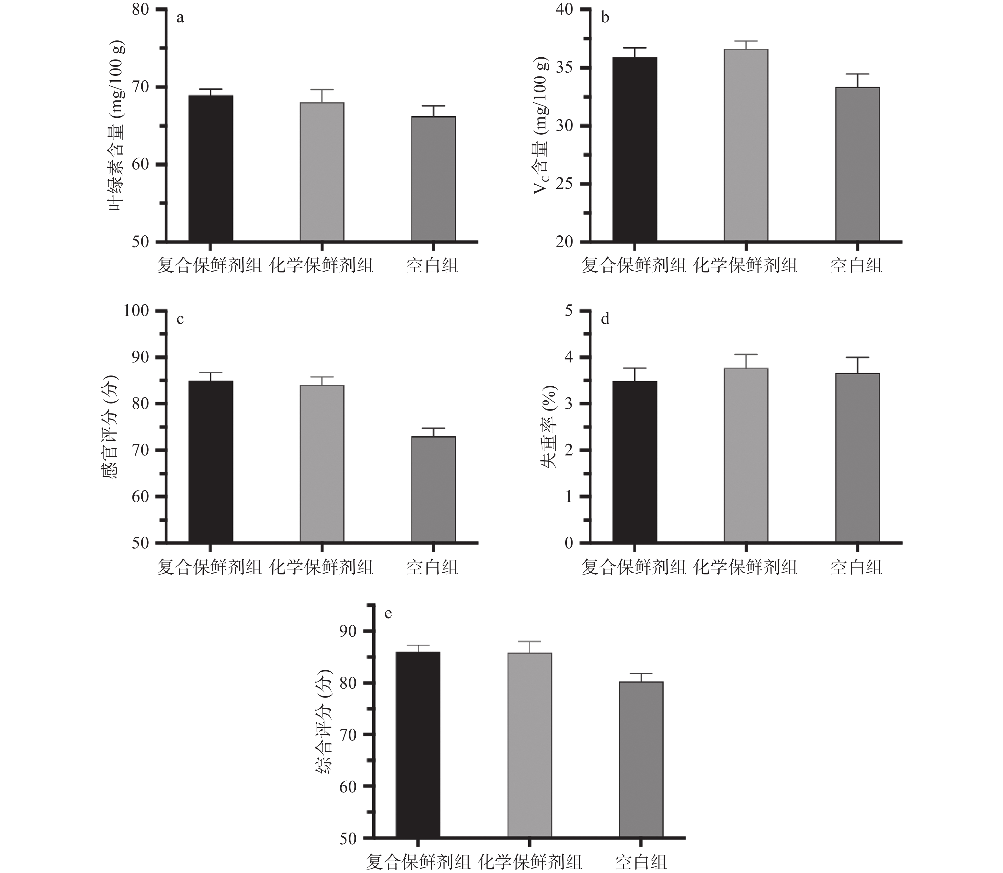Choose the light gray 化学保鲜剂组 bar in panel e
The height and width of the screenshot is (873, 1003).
coord(530,745)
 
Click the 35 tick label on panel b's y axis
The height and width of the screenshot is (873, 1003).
coord(566,68)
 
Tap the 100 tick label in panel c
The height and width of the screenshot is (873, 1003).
coord(136,311)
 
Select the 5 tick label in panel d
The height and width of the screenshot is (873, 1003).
coord(569,311)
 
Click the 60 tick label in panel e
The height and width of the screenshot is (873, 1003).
coord(348,786)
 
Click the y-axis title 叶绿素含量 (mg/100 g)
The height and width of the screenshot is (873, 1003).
coord(117,126)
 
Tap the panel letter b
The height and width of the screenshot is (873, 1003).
coord(605,18)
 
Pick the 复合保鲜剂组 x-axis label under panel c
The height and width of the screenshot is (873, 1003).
coord(210,567)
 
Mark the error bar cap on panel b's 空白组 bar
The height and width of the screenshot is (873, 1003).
coord(857,74)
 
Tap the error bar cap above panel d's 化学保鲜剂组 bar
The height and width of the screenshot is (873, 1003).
coord(746,354)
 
